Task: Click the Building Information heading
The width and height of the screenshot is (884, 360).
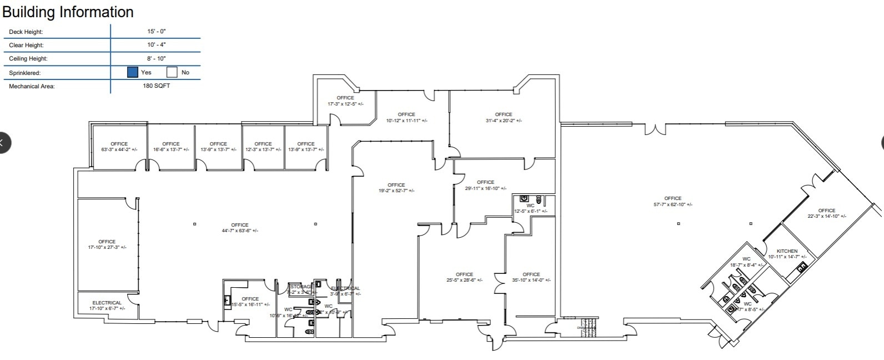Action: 68,12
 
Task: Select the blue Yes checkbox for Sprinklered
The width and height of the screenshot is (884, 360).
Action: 132,72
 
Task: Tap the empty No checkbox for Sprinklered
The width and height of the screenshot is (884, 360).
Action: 172,72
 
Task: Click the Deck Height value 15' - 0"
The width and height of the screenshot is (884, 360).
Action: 157,32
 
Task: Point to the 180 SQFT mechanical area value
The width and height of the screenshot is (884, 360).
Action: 157,86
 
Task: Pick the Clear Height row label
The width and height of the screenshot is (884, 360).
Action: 26,45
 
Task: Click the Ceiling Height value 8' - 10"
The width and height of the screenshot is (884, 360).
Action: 157,58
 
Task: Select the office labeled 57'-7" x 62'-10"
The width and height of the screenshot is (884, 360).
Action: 672,201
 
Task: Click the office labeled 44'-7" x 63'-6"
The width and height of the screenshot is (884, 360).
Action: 240,228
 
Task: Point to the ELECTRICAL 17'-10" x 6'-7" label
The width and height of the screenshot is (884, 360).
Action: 107,306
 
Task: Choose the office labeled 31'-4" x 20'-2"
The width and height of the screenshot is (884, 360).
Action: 504,117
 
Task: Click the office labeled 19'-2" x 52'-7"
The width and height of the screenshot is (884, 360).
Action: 396,188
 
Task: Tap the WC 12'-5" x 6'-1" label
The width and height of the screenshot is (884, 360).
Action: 530,208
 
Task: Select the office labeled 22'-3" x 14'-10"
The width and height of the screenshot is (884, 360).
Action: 827,213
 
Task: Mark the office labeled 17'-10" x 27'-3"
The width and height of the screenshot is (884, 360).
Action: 107,244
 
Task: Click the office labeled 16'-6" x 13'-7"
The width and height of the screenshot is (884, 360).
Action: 171,147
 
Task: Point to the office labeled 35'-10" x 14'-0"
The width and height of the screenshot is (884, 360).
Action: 531,277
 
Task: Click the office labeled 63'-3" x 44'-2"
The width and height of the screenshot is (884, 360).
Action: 119,147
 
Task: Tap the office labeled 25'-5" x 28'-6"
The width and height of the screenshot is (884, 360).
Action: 464,277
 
